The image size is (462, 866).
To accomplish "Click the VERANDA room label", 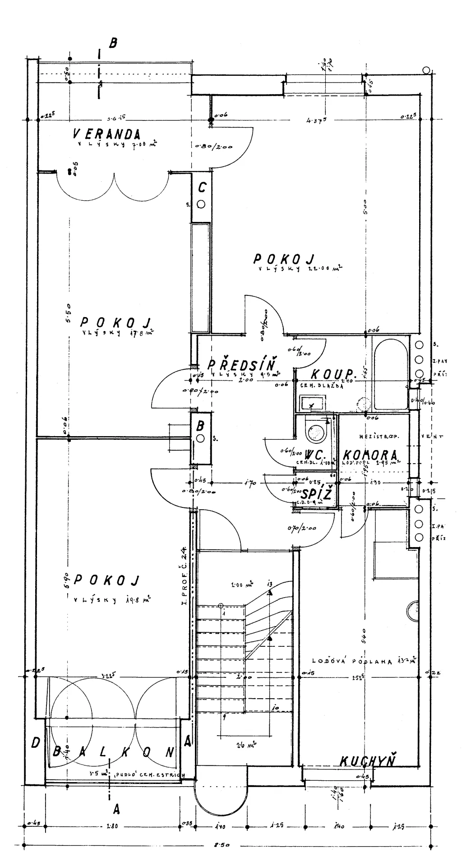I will pyautogui.click(x=107, y=134).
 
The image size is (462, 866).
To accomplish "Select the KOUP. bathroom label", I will pyautogui.click(x=332, y=374).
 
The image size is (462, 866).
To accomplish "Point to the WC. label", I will pyautogui.click(x=316, y=454).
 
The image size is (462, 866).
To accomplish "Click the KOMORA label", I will pyautogui.click(x=370, y=455).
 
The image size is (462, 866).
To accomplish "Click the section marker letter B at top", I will pyautogui.click(x=113, y=43).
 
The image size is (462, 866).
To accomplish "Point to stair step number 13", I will pyautogui.click(x=269, y=585).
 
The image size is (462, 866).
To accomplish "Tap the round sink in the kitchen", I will pyautogui.click(x=412, y=612).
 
